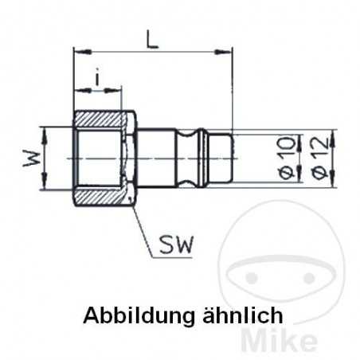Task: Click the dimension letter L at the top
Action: (151, 38)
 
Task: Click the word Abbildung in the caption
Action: (132, 314)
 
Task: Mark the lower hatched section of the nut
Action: (104, 196)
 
